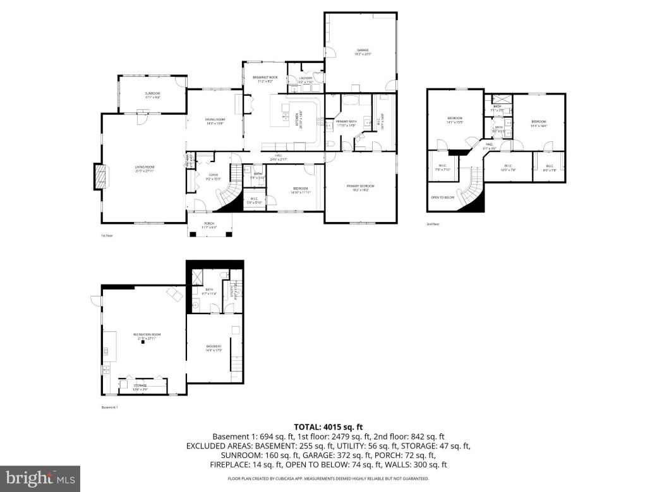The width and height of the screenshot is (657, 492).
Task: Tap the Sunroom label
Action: pyautogui.click(x=152, y=95)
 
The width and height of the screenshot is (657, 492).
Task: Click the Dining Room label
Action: pyautogui.click(x=215, y=121)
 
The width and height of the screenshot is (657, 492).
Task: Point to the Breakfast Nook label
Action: pyautogui.click(x=265, y=79)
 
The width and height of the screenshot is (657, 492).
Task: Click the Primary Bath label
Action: pyautogui.click(x=346, y=123)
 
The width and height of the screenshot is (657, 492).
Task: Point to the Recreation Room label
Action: pyautogui.click(x=147, y=336)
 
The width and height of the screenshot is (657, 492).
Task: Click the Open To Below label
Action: pyautogui.click(x=442, y=197)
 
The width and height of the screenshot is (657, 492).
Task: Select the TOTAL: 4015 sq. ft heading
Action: pyautogui.click(x=328, y=426)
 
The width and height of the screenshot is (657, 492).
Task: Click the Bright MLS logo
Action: pyautogui.click(x=40, y=478)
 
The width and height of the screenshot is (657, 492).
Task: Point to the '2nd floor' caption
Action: pyautogui.click(x=433, y=224)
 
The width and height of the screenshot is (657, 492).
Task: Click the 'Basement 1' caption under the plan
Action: pyautogui.click(x=110, y=407)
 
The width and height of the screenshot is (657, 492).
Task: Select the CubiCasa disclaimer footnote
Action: pyautogui.click(x=328, y=479)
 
